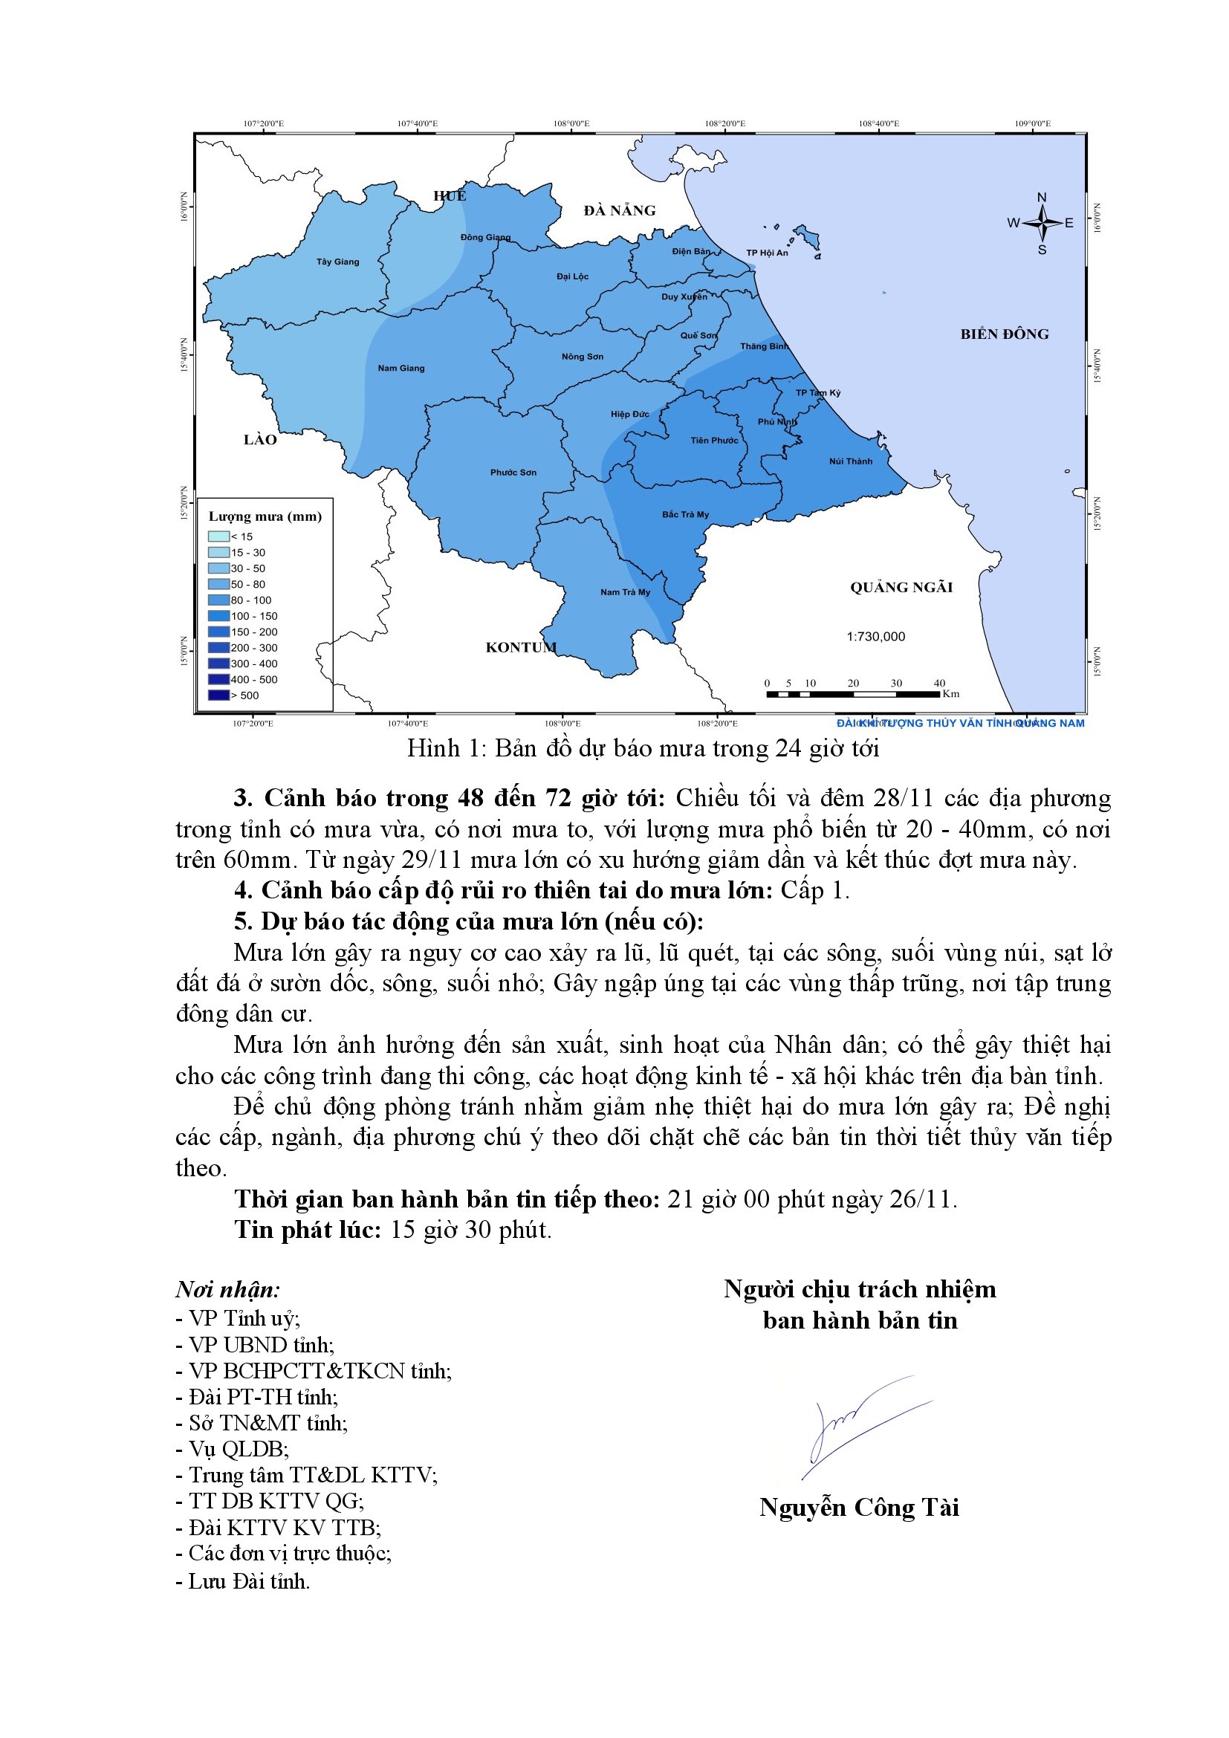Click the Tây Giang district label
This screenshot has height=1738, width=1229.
(337, 262)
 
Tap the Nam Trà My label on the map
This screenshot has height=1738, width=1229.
(625, 592)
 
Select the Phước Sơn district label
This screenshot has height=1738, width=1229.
(513, 473)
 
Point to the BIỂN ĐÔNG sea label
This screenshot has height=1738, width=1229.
(1005, 334)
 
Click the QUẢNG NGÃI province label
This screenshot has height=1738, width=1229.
(901, 588)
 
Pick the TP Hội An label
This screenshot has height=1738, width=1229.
(767, 253)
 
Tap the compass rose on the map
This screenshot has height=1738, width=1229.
(1042, 224)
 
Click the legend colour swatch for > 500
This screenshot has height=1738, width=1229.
(218, 695)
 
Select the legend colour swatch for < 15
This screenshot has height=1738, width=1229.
(218, 536)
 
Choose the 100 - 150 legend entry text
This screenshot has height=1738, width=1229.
(254, 616)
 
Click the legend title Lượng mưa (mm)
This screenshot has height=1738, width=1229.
(265, 516)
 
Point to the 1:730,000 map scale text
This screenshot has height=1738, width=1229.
(875, 637)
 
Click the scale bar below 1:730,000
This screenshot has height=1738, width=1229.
(853, 693)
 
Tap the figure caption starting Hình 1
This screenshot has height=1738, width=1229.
(643, 748)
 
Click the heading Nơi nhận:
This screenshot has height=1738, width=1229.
(228, 1290)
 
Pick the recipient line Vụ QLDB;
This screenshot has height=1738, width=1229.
(232, 1449)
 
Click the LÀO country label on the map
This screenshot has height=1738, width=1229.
(259, 440)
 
